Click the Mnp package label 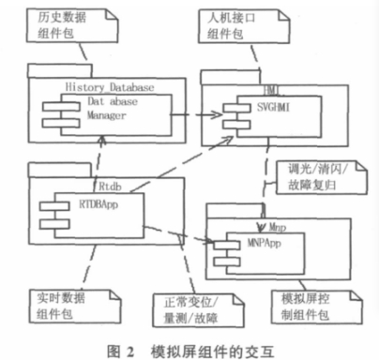tap(276, 225)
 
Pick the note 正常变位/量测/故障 tap(187, 311)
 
